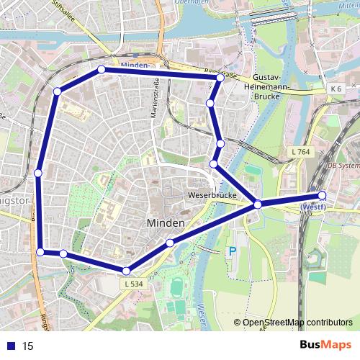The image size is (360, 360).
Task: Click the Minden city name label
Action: click(x=166, y=223)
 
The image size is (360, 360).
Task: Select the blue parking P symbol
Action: click(x=231, y=252)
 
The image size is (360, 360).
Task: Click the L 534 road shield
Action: click(x=133, y=284)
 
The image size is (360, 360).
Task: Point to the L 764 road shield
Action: click(x=301, y=151)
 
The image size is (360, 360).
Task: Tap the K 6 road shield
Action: click(x=336, y=89)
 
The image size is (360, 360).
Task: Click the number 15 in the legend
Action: click(x=28, y=346)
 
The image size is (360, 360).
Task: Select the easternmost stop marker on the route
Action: click(x=322, y=195)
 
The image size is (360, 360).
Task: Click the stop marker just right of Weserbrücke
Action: click(x=257, y=206)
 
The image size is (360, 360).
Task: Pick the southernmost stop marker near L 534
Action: click(x=126, y=271)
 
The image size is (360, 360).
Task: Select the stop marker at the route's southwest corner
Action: click(x=41, y=251)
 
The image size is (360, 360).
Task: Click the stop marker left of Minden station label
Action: click(x=101, y=69)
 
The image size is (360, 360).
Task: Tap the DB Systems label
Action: click(x=343, y=165)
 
